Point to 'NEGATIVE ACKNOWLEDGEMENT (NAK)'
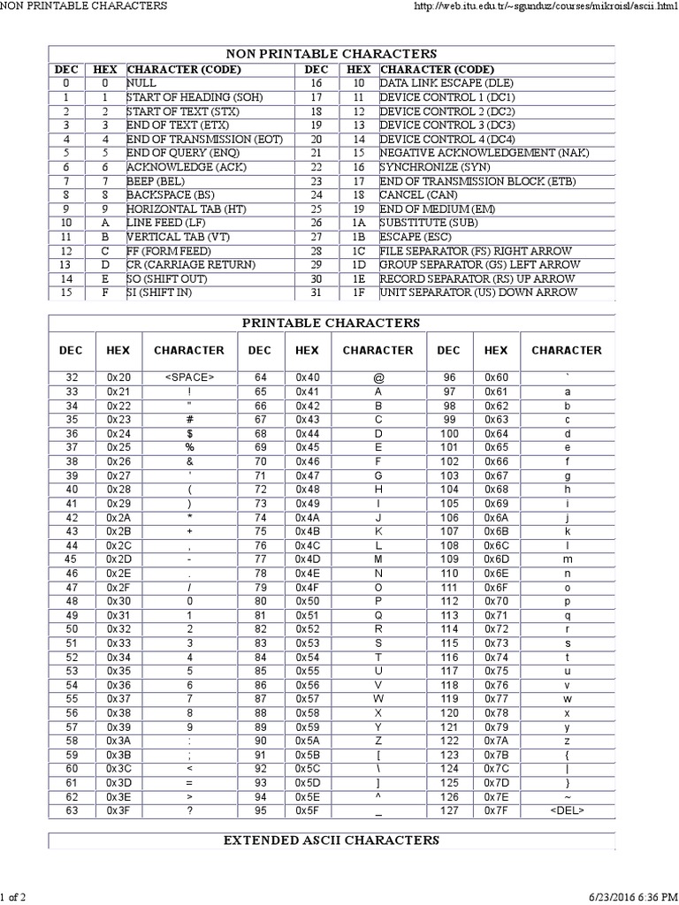pos(484,153)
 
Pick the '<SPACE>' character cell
pos(189,377)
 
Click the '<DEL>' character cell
pos(567,810)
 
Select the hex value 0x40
pos(307,377)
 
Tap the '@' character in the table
pos(378,377)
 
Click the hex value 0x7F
pos(496,810)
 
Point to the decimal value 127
pos(449,810)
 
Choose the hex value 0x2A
pos(118,517)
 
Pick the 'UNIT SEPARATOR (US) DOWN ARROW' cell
pos(478,293)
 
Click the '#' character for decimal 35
pos(189,419)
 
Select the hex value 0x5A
pos(307,740)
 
